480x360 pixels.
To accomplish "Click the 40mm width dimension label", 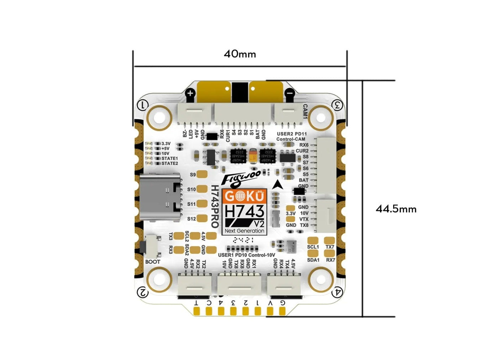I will (x=240, y=54).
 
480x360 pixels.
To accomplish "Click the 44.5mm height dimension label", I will (x=396, y=209).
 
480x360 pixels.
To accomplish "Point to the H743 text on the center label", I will (x=244, y=212).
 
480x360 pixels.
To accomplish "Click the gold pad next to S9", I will (x=202, y=174).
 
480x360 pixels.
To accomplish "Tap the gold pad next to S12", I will (x=202, y=218).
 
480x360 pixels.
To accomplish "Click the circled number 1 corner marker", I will (x=143, y=105).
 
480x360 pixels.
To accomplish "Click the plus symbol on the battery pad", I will (x=191, y=94).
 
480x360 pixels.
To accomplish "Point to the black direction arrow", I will (x=279, y=185).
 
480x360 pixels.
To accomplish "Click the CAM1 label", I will (x=305, y=112).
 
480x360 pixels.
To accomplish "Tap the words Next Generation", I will (x=244, y=231).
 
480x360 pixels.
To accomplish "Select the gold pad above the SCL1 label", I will (x=312, y=240).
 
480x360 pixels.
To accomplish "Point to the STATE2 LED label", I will (x=169, y=163).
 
